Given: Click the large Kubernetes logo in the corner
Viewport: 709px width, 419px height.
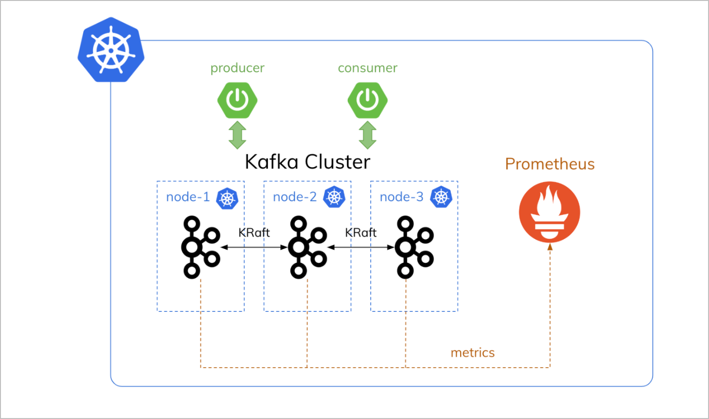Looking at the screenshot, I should pyautogui.click(x=111, y=50).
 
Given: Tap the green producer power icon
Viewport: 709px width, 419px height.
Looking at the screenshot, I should pyautogui.click(x=237, y=100).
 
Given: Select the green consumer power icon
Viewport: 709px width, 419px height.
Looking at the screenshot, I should pyautogui.click(x=367, y=100).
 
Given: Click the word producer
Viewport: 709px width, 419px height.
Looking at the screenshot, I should pyautogui.click(x=237, y=68).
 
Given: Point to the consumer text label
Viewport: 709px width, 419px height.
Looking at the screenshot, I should pyautogui.click(x=367, y=68).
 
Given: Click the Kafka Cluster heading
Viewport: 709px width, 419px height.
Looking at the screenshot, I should pyautogui.click(x=307, y=162).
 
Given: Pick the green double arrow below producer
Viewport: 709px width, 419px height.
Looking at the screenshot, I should pyautogui.click(x=237, y=135).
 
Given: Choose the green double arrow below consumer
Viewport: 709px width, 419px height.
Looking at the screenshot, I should pyautogui.click(x=367, y=135).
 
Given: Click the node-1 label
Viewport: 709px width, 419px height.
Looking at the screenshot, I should pyautogui.click(x=188, y=197).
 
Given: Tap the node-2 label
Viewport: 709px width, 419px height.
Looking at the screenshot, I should pyautogui.click(x=295, y=197).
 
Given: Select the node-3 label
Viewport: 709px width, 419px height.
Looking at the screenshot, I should pyautogui.click(x=401, y=197).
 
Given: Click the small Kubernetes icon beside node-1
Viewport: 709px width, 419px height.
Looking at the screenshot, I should pyautogui.click(x=227, y=198).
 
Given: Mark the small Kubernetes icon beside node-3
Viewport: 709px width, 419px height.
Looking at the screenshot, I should pyautogui.click(x=441, y=197).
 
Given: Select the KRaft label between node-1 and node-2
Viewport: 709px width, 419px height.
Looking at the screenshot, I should pyautogui.click(x=254, y=233).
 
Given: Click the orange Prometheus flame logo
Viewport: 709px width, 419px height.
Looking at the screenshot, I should pyautogui.click(x=550, y=212).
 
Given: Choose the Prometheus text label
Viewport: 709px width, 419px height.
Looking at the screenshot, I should pyautogui.click(x=550, y=164).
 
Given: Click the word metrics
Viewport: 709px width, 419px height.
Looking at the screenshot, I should pyautogui.click(x=473, y=353).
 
